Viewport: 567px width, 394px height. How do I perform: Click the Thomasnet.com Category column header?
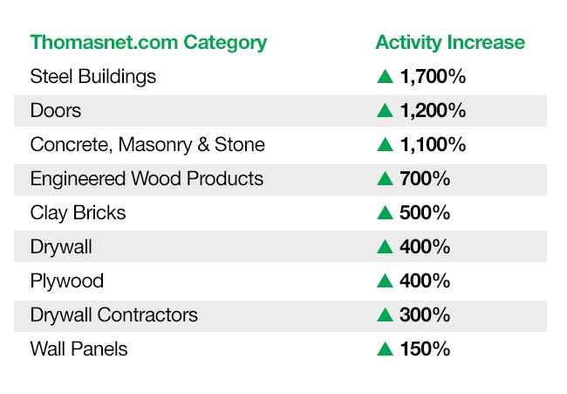pyautogui.click(x=148, y=43)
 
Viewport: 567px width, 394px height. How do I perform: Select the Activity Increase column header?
pyautogui.click(x=450, y=42)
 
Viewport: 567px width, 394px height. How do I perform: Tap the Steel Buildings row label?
pyautogui.click(x=93, y=77)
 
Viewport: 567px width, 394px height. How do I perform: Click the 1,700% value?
pyautogui.click(x=433, y=76)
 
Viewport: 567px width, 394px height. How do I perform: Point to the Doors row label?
pyautogui.click(x=56, y=110)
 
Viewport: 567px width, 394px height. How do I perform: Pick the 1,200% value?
pyautogui.click(x=433, y=110)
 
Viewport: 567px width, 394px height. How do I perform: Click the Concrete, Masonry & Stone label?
pyautogui.click(x=147, y=145)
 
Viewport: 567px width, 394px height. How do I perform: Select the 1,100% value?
pyautogui.click(x=433, y=144)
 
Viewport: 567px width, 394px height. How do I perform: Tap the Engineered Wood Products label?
pyautogui.click(x=147, y=179)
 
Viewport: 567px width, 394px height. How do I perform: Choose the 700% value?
pyautogui.click(x=425, y=178)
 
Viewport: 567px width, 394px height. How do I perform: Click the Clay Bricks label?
pyautogui.click(x=79, y=213)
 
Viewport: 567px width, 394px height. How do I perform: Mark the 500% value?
pyautogui.click(x=425, y=212)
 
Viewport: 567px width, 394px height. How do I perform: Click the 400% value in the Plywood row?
pyautogui.click(x=425, y=280)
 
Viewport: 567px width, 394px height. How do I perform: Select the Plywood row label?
pyautogui.click(x=67, y=281)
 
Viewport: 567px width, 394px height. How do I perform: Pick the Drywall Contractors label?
pyautogui.click(x=114, y=315)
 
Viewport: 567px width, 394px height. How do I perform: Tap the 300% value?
pyautogui.click(x=425, y=315)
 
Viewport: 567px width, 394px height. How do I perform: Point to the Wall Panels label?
pyautogui.click(x=79, y=349)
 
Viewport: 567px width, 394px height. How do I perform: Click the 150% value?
pyautogui.click(x=426, y=349)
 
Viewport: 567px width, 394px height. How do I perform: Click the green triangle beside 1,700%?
pyautogui.click(x=385, y=77)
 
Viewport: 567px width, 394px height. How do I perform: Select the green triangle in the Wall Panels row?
pyautogui.click(x=385, y=349)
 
